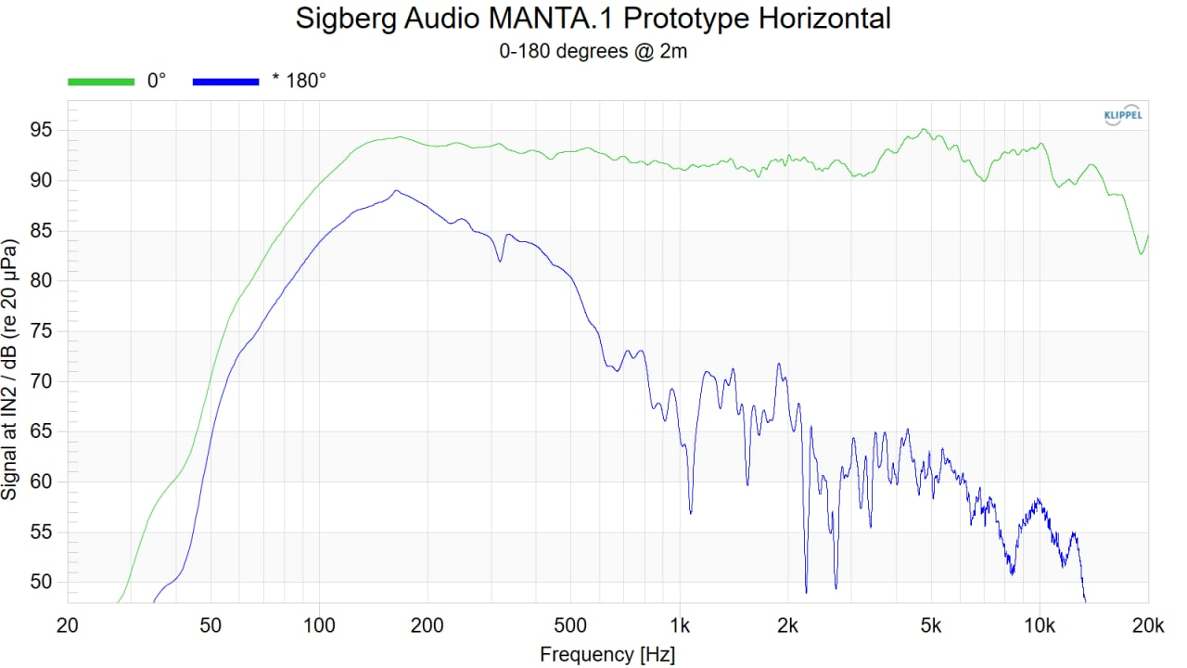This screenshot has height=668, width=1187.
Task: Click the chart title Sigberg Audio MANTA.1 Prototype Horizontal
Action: (593, 19)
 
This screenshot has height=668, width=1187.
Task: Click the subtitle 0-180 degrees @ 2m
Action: (593, 51)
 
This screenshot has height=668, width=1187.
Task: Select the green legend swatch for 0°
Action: (101, 82)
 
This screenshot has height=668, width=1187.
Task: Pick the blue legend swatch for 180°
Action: (225, 82)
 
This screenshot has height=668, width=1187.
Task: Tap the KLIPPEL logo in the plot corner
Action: (1123, 116)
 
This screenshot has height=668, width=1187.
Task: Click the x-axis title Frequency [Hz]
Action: (607, 654)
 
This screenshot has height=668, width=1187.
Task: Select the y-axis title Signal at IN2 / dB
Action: (11, 369)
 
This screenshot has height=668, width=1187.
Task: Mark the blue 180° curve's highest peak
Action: (396, 190)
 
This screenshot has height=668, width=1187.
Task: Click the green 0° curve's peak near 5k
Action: (924, 129)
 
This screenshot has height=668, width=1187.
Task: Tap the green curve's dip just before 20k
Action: (1141, 253)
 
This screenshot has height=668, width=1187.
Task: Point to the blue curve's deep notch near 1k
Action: (690, 513)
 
